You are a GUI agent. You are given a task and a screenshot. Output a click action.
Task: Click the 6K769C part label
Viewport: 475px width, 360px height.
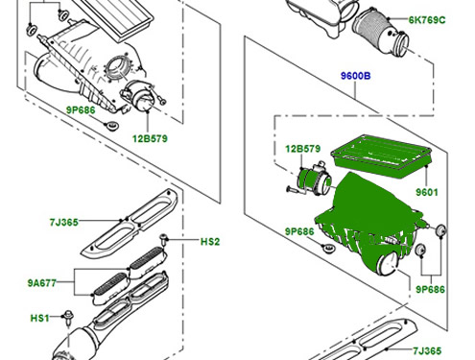(427, 20)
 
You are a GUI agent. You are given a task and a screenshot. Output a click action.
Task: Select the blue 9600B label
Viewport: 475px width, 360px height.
(355, 76)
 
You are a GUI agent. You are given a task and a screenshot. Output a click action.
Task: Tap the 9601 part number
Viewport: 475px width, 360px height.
(427, 192)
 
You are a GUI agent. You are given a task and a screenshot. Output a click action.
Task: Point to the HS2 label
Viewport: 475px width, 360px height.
(210, 242)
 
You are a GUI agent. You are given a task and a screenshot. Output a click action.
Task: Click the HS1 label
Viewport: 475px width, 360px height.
(39, 318)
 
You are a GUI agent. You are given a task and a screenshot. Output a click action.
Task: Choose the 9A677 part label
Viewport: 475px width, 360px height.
(42, 283)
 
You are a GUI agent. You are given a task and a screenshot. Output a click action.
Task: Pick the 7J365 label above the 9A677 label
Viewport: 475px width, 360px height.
(63, 222)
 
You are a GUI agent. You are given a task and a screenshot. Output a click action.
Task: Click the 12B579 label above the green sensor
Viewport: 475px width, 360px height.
(302, 149)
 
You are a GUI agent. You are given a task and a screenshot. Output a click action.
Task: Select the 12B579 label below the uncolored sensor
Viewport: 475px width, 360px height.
(150, 138)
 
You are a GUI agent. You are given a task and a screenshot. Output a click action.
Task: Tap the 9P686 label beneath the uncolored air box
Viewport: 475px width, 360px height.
(81, 110)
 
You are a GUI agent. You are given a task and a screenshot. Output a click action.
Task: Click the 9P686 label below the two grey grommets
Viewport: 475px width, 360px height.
(430, 289)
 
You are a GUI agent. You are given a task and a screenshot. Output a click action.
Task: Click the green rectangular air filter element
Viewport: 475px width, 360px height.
(382, 156)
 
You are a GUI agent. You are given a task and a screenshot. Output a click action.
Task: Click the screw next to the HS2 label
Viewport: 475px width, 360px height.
(164, 240)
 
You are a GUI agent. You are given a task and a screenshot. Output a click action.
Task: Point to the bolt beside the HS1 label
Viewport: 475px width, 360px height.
(68, 318)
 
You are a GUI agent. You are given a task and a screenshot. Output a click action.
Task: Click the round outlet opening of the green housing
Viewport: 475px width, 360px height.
(388, 264)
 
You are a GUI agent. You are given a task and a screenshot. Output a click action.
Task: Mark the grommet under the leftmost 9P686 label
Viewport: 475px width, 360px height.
(111, 126)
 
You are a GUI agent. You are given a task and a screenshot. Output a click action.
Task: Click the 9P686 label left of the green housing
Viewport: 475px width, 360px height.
(299, 231)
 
